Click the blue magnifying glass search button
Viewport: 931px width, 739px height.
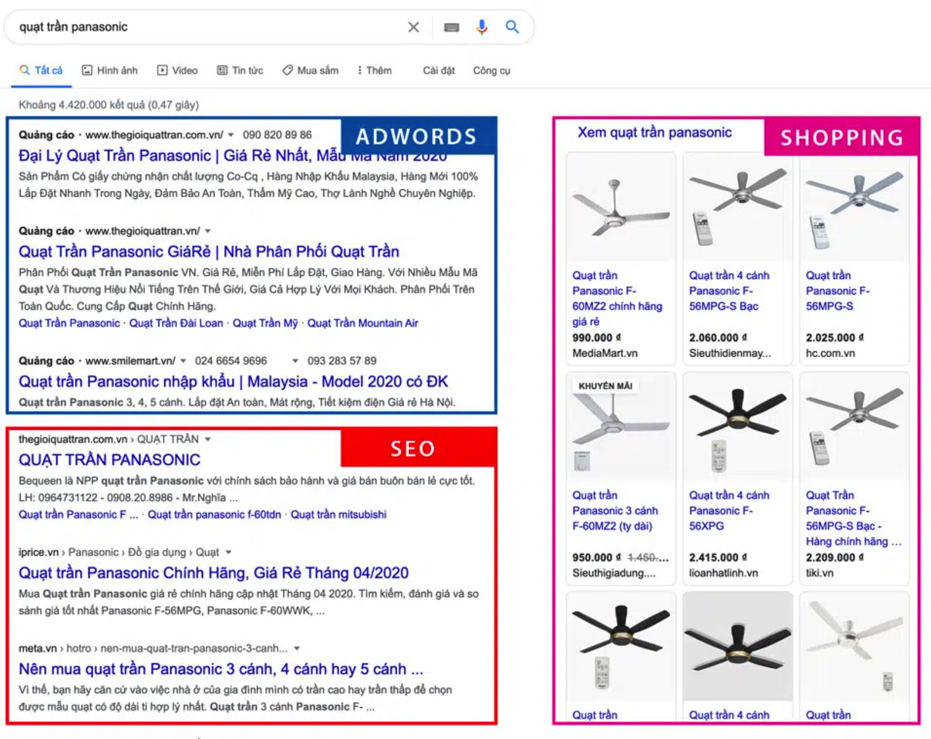click(512, 27)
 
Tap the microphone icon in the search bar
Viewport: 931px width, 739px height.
click(482, 27)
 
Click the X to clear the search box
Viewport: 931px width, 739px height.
click(413, 27)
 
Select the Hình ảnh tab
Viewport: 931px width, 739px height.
click(110, 71)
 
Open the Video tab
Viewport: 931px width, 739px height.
click(178, 71)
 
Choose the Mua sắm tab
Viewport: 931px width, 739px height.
click(311, 71)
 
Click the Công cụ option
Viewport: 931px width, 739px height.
click(492, 71)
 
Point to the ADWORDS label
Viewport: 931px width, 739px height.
click(416, 136)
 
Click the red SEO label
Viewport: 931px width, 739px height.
click(413, 448)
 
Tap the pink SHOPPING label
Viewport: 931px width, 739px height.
click(842, 138)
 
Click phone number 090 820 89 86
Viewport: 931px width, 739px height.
click(277, 135)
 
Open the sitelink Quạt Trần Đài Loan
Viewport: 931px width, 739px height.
click(176, 323)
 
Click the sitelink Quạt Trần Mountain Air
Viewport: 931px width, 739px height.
click(363, 323)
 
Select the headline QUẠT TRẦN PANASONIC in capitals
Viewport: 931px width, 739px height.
click(109, 460)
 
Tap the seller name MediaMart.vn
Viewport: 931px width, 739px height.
click(605, 353)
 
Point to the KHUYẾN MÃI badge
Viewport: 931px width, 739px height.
click(605, 386)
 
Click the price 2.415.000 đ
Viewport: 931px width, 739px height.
click(718, 557)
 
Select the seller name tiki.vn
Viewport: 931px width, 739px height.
click(819, 573)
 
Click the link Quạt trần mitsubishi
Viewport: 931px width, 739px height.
click(338, 515)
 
